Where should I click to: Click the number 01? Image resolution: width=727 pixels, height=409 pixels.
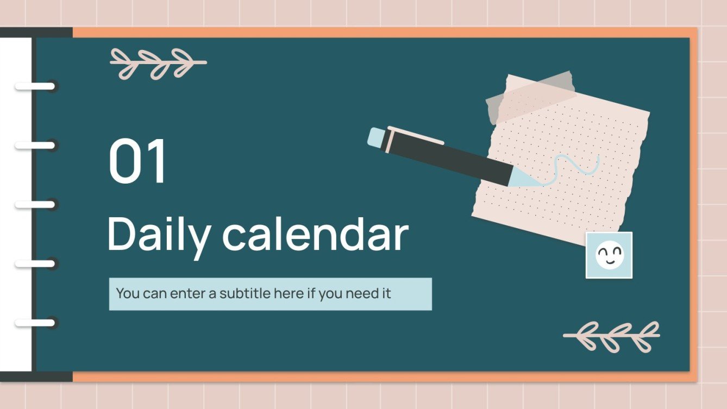138,162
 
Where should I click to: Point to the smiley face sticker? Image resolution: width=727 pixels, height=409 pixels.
609,255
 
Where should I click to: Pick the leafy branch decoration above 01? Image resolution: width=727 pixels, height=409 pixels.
158,63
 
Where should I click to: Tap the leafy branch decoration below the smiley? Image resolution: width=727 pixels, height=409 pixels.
612,336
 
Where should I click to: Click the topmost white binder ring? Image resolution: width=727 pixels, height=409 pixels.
35,86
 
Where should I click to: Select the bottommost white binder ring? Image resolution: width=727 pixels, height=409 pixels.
35,323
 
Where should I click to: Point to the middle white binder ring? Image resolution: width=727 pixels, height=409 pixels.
35,205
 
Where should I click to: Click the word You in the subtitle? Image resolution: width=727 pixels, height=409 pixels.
128,294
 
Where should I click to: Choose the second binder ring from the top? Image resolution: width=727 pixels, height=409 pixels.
35,146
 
